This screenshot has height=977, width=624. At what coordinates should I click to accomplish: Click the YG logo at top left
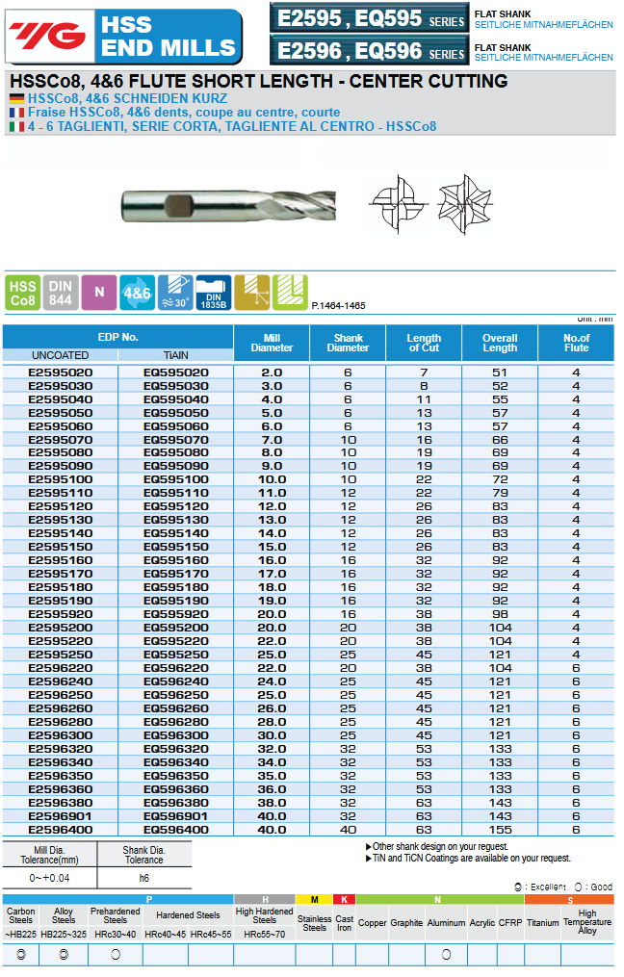point(46,36)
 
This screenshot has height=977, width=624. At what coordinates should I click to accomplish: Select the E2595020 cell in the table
point(61,372)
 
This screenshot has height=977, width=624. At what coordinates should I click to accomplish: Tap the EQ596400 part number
point(175,829)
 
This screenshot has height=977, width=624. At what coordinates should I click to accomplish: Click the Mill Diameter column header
point(272,343)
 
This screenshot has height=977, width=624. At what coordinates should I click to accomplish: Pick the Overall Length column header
point(500,343)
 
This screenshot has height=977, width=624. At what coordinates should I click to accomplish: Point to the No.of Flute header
point(576,343)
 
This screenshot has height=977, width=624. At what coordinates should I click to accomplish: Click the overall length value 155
point(500,829)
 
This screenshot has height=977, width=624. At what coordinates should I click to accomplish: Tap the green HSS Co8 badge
point(22,293)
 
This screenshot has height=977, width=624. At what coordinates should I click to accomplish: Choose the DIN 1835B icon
point(213,293)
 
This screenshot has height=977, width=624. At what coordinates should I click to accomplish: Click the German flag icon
point(16,99)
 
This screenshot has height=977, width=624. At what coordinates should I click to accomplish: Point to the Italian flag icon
point(16,126)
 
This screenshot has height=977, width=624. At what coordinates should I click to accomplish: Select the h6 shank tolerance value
point(143,878)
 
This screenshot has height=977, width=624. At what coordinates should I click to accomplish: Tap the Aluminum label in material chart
point(446,922)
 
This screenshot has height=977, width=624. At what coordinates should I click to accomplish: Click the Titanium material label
point(542,922)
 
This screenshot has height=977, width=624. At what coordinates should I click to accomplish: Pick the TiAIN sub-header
point(175,355)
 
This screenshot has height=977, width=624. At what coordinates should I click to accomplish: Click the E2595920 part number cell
point(61,613)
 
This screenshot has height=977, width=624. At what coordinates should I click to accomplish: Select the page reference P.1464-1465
point(338,305)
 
